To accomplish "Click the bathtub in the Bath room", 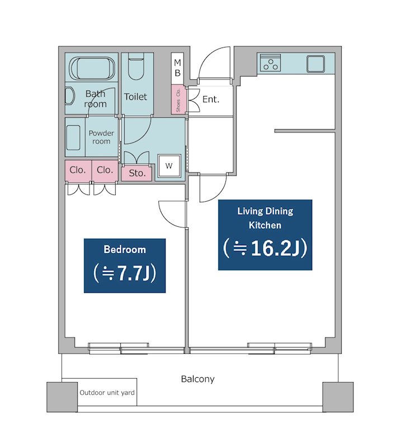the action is [x=93, y=68].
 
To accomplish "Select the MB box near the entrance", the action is [x=177, y=68].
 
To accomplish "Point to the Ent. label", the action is [x=211, y=99].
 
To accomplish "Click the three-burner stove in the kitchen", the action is [x=270, y=63].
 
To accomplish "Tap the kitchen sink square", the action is [x=315, y=64].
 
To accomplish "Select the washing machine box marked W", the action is [x=169, y=165].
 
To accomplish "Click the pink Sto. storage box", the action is [x=137, y=173].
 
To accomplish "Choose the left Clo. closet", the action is [x=78, y=170].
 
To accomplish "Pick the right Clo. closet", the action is [x=105, y=170].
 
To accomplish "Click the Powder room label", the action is [x=101, y=137].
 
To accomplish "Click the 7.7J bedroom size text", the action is [x=125, y=273].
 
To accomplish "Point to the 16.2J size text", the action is [x=265, y=248].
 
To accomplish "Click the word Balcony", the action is [x=197, y=379].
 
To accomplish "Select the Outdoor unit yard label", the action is [x=107, y=393].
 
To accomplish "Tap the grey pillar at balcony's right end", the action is [x=338, y=397].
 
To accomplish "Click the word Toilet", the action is [x=135, y=97].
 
